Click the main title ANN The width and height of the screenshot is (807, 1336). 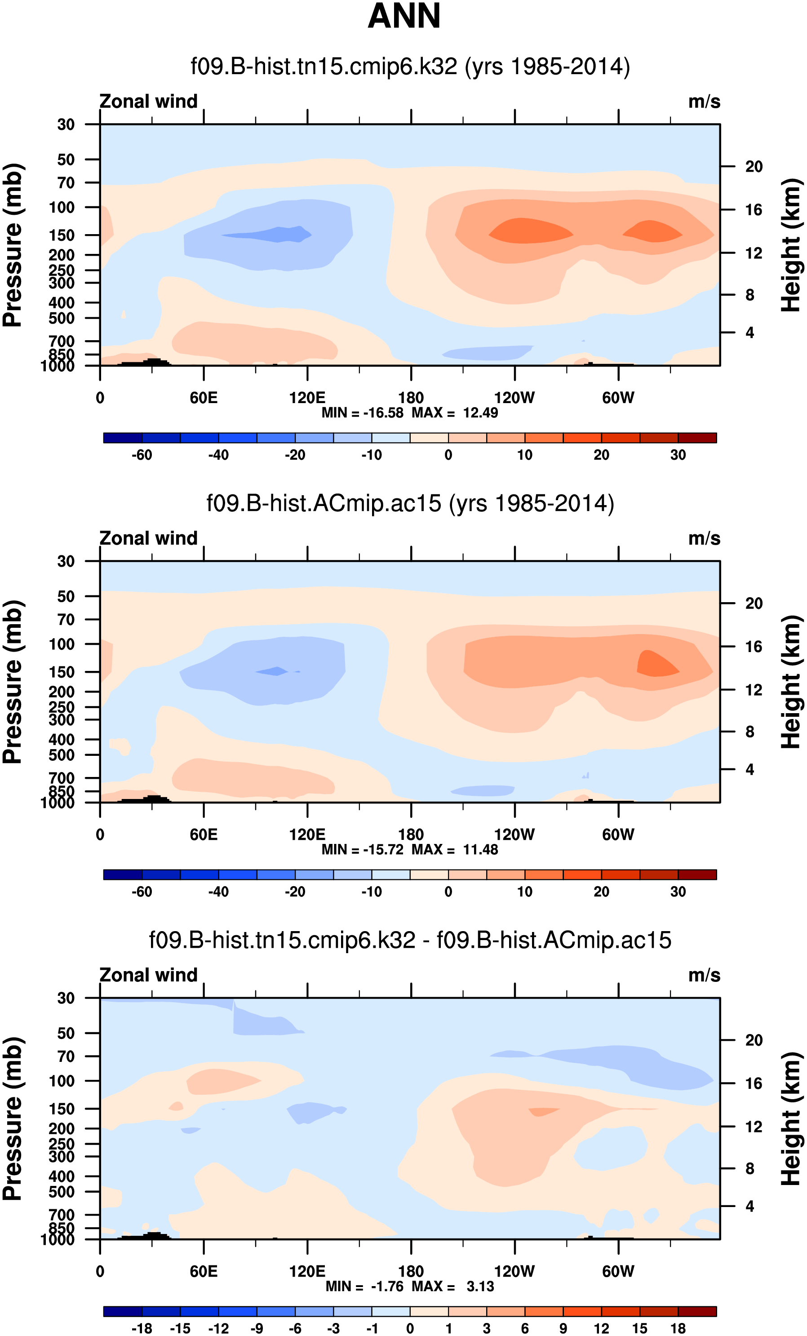[404, 16]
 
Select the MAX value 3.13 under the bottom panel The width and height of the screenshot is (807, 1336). [480, 1286]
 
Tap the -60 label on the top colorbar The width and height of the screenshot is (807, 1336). [142, 455]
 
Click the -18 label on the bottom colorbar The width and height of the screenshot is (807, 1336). [142, 1328]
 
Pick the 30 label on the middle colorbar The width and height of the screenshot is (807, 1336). [678, 892]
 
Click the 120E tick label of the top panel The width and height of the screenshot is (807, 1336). [307, 398]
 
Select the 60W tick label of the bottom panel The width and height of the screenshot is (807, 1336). [618, 1271]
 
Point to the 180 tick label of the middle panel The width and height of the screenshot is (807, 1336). [411, 834]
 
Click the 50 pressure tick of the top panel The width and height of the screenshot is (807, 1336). [66, 160]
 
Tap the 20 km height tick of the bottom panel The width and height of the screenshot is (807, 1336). [754, 1040]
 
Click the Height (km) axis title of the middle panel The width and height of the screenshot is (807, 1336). [791, 682]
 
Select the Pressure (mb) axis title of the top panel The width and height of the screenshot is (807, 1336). [13, 244]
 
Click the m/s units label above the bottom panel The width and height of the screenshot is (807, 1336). [704, 975]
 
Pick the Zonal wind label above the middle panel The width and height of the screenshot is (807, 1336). [148, 538]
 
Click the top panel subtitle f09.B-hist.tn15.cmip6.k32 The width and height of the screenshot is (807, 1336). [410, 67]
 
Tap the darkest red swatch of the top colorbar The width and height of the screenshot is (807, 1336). [697, 438]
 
